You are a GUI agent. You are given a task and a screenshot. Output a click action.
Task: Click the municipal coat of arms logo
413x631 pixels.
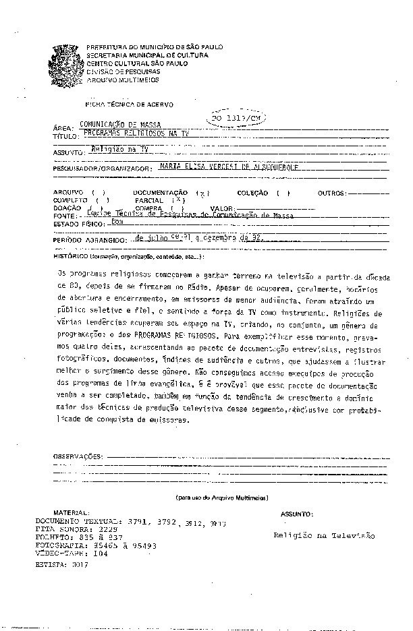(x=66, y=63)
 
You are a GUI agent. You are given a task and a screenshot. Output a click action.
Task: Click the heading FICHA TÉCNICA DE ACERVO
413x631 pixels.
(x=128, y=105)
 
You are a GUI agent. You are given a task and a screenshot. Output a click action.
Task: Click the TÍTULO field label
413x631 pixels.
(x=65, y=136)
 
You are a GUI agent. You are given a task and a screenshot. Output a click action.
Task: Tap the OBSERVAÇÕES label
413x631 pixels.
(x=78, y=456)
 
